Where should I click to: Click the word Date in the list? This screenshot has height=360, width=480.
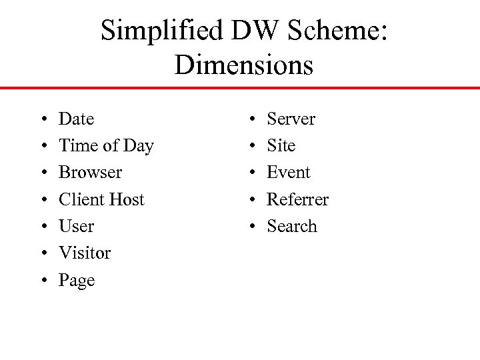coord(77,119)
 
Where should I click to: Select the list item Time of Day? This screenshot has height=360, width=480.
coord(106,146)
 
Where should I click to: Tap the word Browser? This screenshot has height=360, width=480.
coord(90,173)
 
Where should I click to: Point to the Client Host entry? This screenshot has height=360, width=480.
coord(101,199)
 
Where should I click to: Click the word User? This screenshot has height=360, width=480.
coord(77,227)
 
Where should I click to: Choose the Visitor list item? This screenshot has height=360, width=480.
coord(85,253)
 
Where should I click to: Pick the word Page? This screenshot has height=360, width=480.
coord(77,281)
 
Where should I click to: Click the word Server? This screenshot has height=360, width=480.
coord(291,119)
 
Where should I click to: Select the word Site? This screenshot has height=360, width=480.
coord(281,146)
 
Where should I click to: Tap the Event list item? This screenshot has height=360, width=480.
coord(288,173)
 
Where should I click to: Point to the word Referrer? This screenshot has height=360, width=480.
coord(297,199)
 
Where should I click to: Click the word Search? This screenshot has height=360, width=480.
coord(291,227)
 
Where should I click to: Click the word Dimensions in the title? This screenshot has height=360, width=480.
coord(243,65)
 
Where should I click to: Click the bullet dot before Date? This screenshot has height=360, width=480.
coord(34,120)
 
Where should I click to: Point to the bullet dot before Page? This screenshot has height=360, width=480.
coord(34,281)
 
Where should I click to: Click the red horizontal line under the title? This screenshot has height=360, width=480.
coord(240,87)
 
